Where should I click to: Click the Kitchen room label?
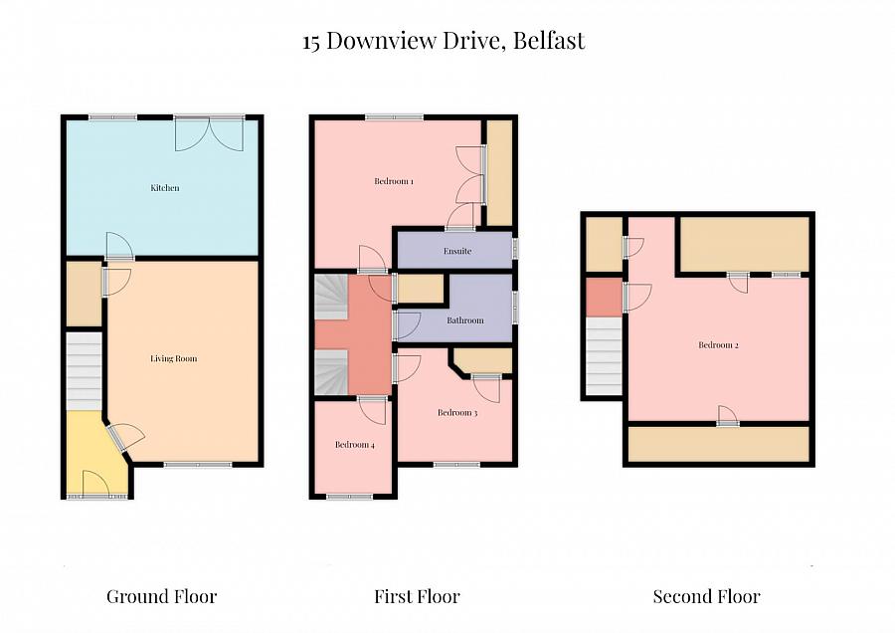pos(165,188)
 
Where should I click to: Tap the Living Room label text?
pos(174,358)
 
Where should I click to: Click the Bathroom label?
pos(464,320)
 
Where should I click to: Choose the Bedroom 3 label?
pos(457,412)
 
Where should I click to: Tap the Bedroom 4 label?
pos(355,444)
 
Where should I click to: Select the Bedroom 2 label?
pos(718,345)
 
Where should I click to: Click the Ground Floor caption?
pos(162,597)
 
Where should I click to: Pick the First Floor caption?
pos(417,597)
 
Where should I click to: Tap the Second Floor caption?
pos(706,597)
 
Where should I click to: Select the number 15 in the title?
pos(312,42)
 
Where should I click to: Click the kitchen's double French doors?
pos(209,133)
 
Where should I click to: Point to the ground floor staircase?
pos(85,371)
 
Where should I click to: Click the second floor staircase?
pos(604,356)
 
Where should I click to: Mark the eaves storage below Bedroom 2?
pos(718,444)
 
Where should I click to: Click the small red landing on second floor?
pos(604,297)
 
